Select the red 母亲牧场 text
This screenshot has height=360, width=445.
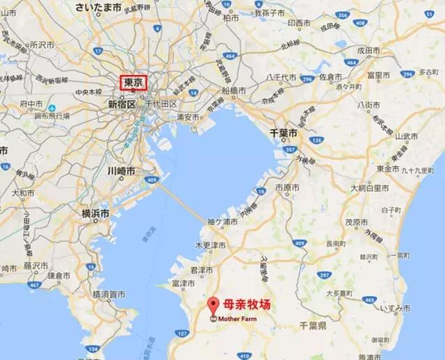tap(247, 303)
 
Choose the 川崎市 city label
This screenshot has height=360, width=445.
tap(121, 170)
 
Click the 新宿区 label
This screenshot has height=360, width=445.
tap(122, 104)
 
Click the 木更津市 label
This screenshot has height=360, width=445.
tap(210, 246)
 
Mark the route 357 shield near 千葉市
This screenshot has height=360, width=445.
tap(288, 149)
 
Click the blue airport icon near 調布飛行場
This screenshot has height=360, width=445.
tap(51, 107)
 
